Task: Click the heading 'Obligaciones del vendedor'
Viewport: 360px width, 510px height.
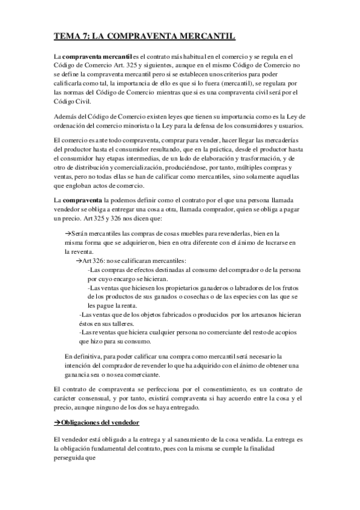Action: [100, 422]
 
